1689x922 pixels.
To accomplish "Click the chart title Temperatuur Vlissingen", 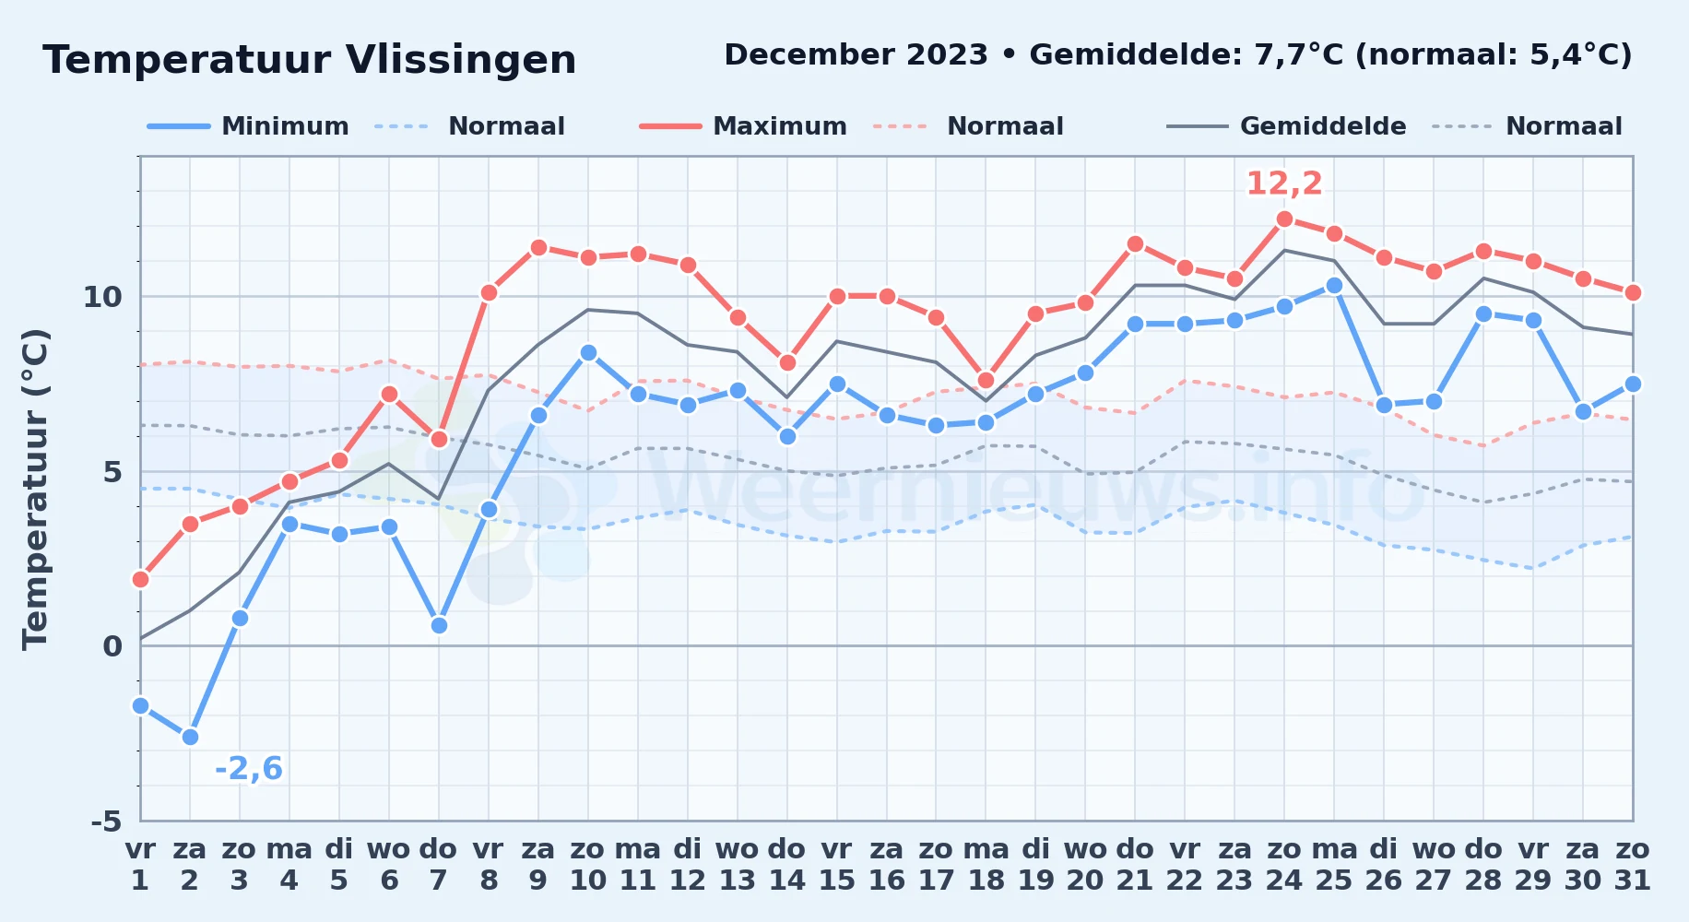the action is click(310, 60).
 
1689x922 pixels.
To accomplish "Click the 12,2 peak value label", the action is click(1284, 183).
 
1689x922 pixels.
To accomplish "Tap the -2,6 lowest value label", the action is click(249, 768).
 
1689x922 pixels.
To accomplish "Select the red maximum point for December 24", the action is click(1284, 219).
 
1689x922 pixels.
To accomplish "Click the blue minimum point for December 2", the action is click(190, 737).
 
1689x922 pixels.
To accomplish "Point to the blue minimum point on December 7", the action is click(439, 625).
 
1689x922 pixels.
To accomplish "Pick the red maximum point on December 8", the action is click(489, 293).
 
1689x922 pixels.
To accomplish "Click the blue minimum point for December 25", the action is click(1334, 286).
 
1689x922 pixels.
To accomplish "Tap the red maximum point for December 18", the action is click(986, 380).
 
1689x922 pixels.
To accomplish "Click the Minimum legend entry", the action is click(248, 126).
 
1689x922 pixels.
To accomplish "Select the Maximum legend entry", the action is click(743, 126).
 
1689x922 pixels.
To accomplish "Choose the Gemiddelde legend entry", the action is click(1286, 126).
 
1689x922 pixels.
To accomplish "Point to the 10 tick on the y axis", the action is click(102, 297).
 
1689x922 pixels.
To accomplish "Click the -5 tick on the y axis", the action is click(106, 821).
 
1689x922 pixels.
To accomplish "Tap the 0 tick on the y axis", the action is click(112, 646).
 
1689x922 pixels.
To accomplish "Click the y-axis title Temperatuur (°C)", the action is click(35, 489).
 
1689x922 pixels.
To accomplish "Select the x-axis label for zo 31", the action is click(1632, 865).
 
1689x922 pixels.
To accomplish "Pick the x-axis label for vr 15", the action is click(836, 865).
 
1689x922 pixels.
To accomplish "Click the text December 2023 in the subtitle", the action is click(856, 55).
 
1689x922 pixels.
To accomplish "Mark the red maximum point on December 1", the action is click(140, 579).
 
